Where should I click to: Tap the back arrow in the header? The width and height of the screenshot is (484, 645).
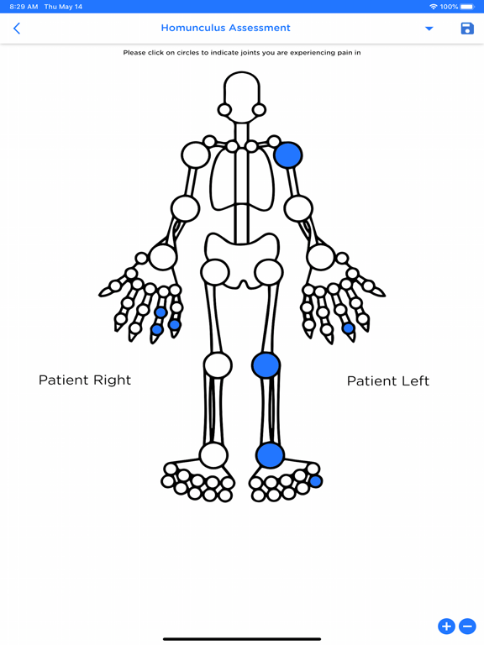coord(17,29)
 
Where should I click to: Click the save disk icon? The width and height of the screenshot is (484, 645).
coord(467,29)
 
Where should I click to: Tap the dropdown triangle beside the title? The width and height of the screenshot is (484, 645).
coord(429,29)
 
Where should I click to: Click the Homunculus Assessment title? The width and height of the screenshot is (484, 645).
coord(225,28)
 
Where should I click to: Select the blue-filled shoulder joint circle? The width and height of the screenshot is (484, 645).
coord(288,155)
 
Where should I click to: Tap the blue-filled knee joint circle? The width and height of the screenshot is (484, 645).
coord(266,364)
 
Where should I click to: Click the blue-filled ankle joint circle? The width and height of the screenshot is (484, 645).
coord(270,454)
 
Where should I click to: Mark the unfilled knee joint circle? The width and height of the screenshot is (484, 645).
coord(218,365)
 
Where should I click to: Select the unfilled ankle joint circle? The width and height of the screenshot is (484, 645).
coord(213,454)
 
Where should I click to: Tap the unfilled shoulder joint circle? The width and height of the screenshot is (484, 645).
coord(196,155)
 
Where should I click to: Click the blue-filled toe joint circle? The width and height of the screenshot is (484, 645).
coord(315,481)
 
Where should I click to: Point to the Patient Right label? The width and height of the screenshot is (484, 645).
coord(85,380)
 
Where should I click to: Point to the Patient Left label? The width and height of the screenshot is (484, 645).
coord(387,380)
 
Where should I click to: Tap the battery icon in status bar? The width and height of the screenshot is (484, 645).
coord(467,7)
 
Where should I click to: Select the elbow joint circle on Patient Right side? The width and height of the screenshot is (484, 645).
coord(185,208)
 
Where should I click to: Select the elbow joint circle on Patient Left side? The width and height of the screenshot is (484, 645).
coord(298,208)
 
